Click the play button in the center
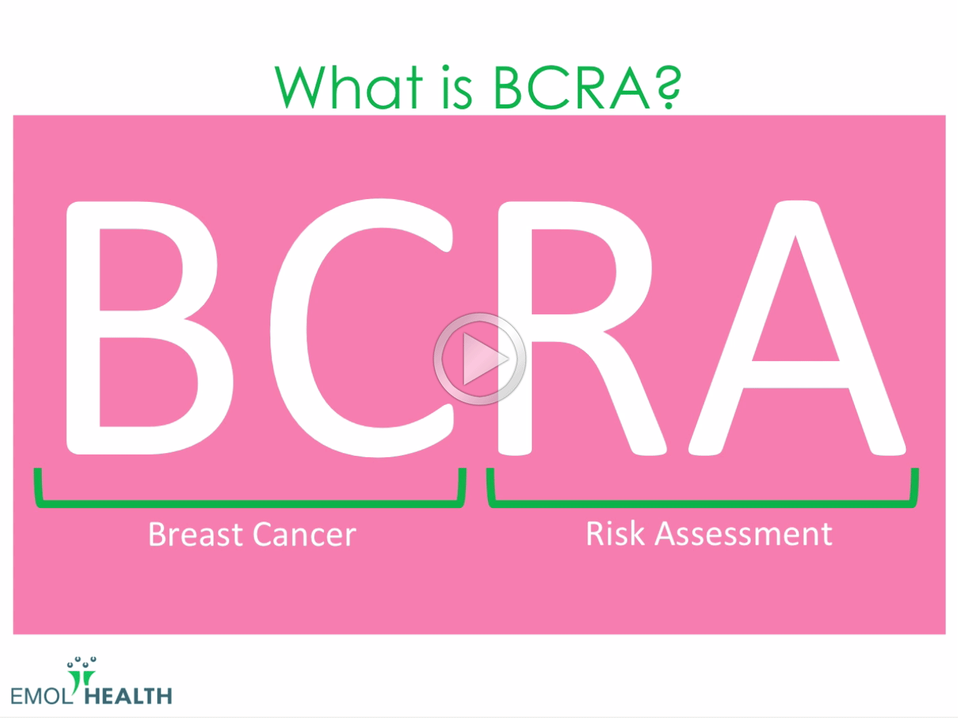pyautogui.click(x=480, y=359)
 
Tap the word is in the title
pyautogui.click(x=456, y=89)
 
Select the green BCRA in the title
pyautogui.click(x=571, y=87)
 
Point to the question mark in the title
pyautogui.click(x=668, y=87)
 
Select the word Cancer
pyautogui.click(x=305, y=534)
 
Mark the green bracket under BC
pyautogui.click(x=250, y=503)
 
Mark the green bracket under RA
pyautogui.click(x=702, y=503)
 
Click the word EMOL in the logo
pyautogui.click(x=40, y=696)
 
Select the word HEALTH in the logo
pyautogui.click(x=128, y=696)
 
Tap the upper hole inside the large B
pyautogui.click(x=139, y=269)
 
